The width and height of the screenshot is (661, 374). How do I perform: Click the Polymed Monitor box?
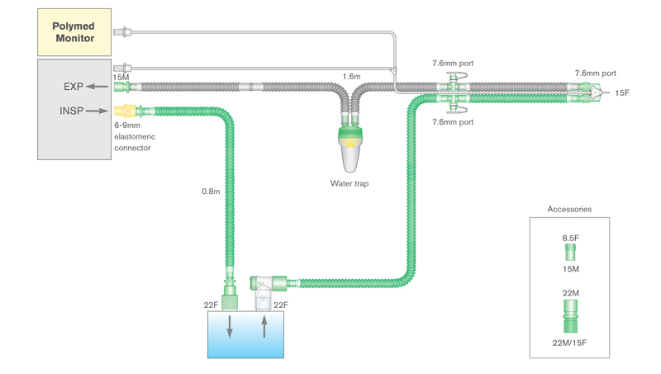point(74,32)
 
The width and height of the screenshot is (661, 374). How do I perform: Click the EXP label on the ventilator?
point(74,87)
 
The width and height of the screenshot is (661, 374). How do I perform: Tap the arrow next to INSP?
point(97,111)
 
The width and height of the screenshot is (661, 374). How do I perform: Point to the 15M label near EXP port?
point(121,77)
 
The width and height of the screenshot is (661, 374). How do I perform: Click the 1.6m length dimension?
point(351,77)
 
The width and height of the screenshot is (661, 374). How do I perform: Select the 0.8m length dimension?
point(210,192)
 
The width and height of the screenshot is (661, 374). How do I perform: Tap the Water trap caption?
point(350,184)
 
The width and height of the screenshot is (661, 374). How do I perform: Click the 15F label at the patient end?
point(622,93)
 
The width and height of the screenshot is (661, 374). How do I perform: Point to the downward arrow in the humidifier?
point(230,327)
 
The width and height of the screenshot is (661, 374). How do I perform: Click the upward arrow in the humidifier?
point(264,327)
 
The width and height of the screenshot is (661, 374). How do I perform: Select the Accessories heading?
point(569,210)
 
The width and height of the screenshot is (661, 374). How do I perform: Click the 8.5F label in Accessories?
point(570,238)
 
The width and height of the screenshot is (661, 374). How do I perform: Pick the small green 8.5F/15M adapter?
point(570,252)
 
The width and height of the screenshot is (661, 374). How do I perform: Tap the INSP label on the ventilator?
point(71,111)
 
